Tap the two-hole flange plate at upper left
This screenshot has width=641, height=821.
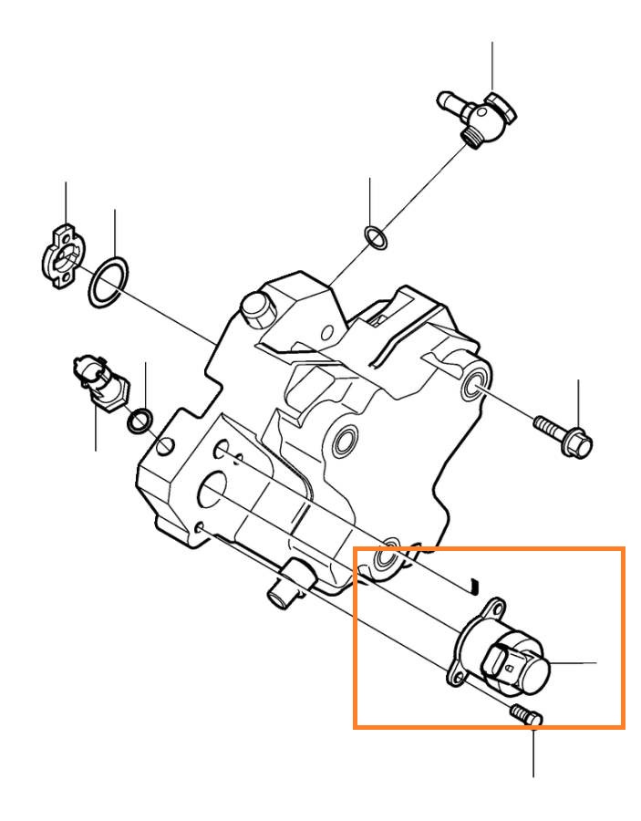point(61,255)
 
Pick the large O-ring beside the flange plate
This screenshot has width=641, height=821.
point(108,282)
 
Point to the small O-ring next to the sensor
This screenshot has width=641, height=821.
point(140,421)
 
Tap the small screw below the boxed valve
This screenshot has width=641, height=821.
point(524,716)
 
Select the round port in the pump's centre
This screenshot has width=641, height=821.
point(345,444)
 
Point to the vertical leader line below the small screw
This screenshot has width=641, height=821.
point(533,753)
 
